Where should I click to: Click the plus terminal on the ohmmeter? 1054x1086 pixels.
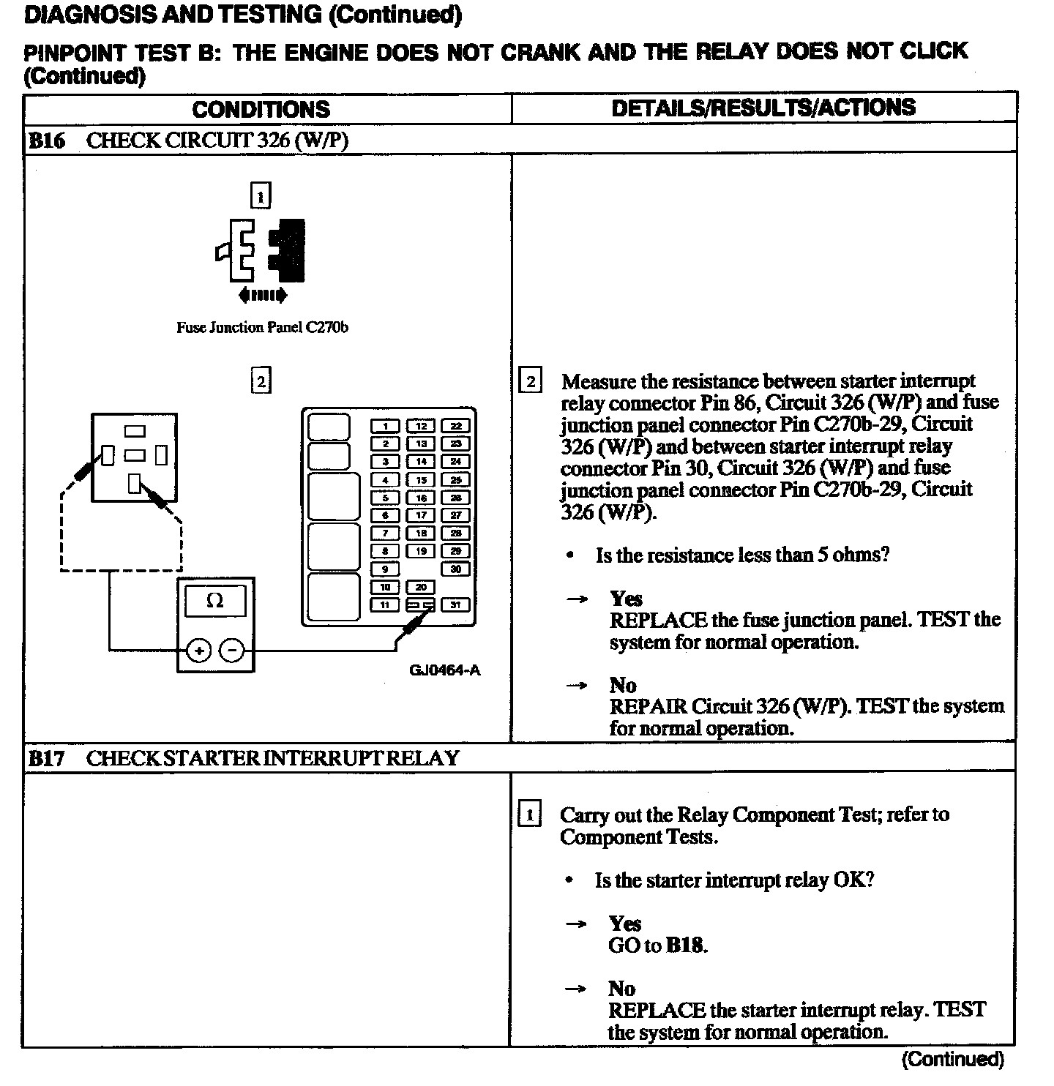pos(199,650)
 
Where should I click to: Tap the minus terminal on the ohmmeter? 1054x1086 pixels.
pos(232,650)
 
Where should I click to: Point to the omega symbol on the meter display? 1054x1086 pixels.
pos(215,602)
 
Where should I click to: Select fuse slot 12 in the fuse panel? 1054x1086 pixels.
pos(421,426)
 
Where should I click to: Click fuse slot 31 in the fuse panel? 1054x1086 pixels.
pos(455,604)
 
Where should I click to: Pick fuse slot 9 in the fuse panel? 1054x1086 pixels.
pos(386,569)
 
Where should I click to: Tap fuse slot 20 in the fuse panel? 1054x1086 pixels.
pos(421,587)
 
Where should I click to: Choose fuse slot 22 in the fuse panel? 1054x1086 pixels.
pos(455,426)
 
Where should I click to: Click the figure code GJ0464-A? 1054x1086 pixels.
pos(445,670)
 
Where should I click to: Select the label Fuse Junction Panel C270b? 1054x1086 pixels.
pos(262,328)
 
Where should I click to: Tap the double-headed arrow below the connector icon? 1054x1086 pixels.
pos(263,296)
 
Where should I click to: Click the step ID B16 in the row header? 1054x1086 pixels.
pos(46,141)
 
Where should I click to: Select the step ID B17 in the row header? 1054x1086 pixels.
pos(46,758)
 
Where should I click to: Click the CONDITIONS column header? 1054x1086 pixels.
pos(261,110)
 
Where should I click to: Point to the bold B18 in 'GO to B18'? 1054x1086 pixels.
pos(686,945)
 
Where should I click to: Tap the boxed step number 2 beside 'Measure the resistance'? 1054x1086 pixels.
pos(530,381)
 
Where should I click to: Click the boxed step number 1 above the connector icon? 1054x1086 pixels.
pos(261,195)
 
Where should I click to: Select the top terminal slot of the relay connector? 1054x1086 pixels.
pos(135,431)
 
